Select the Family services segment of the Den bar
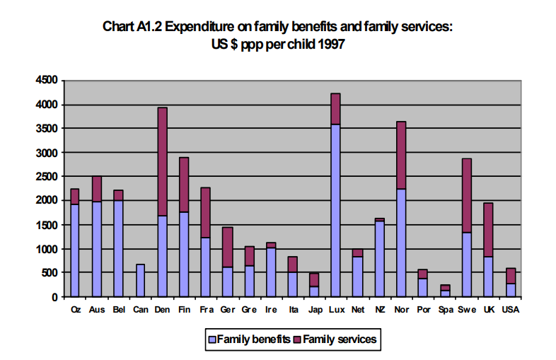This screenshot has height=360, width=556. [x=162, y=162]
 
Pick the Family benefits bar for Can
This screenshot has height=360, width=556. [x=140, y=280]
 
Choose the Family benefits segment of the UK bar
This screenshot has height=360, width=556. [x=488, y=277]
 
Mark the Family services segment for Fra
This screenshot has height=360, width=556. [x=205, y=212]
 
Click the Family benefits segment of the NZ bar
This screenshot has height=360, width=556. [x=379, y=259]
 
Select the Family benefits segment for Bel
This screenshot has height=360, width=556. [x=118, y=248]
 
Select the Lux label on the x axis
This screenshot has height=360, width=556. [x=337, y=309]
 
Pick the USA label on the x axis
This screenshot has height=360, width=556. [x=511, y=309]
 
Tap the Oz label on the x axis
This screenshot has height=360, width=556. [x=76, y=309]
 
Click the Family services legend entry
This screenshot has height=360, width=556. [x=335, y=340]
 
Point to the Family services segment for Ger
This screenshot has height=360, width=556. [x=227, y=247]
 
